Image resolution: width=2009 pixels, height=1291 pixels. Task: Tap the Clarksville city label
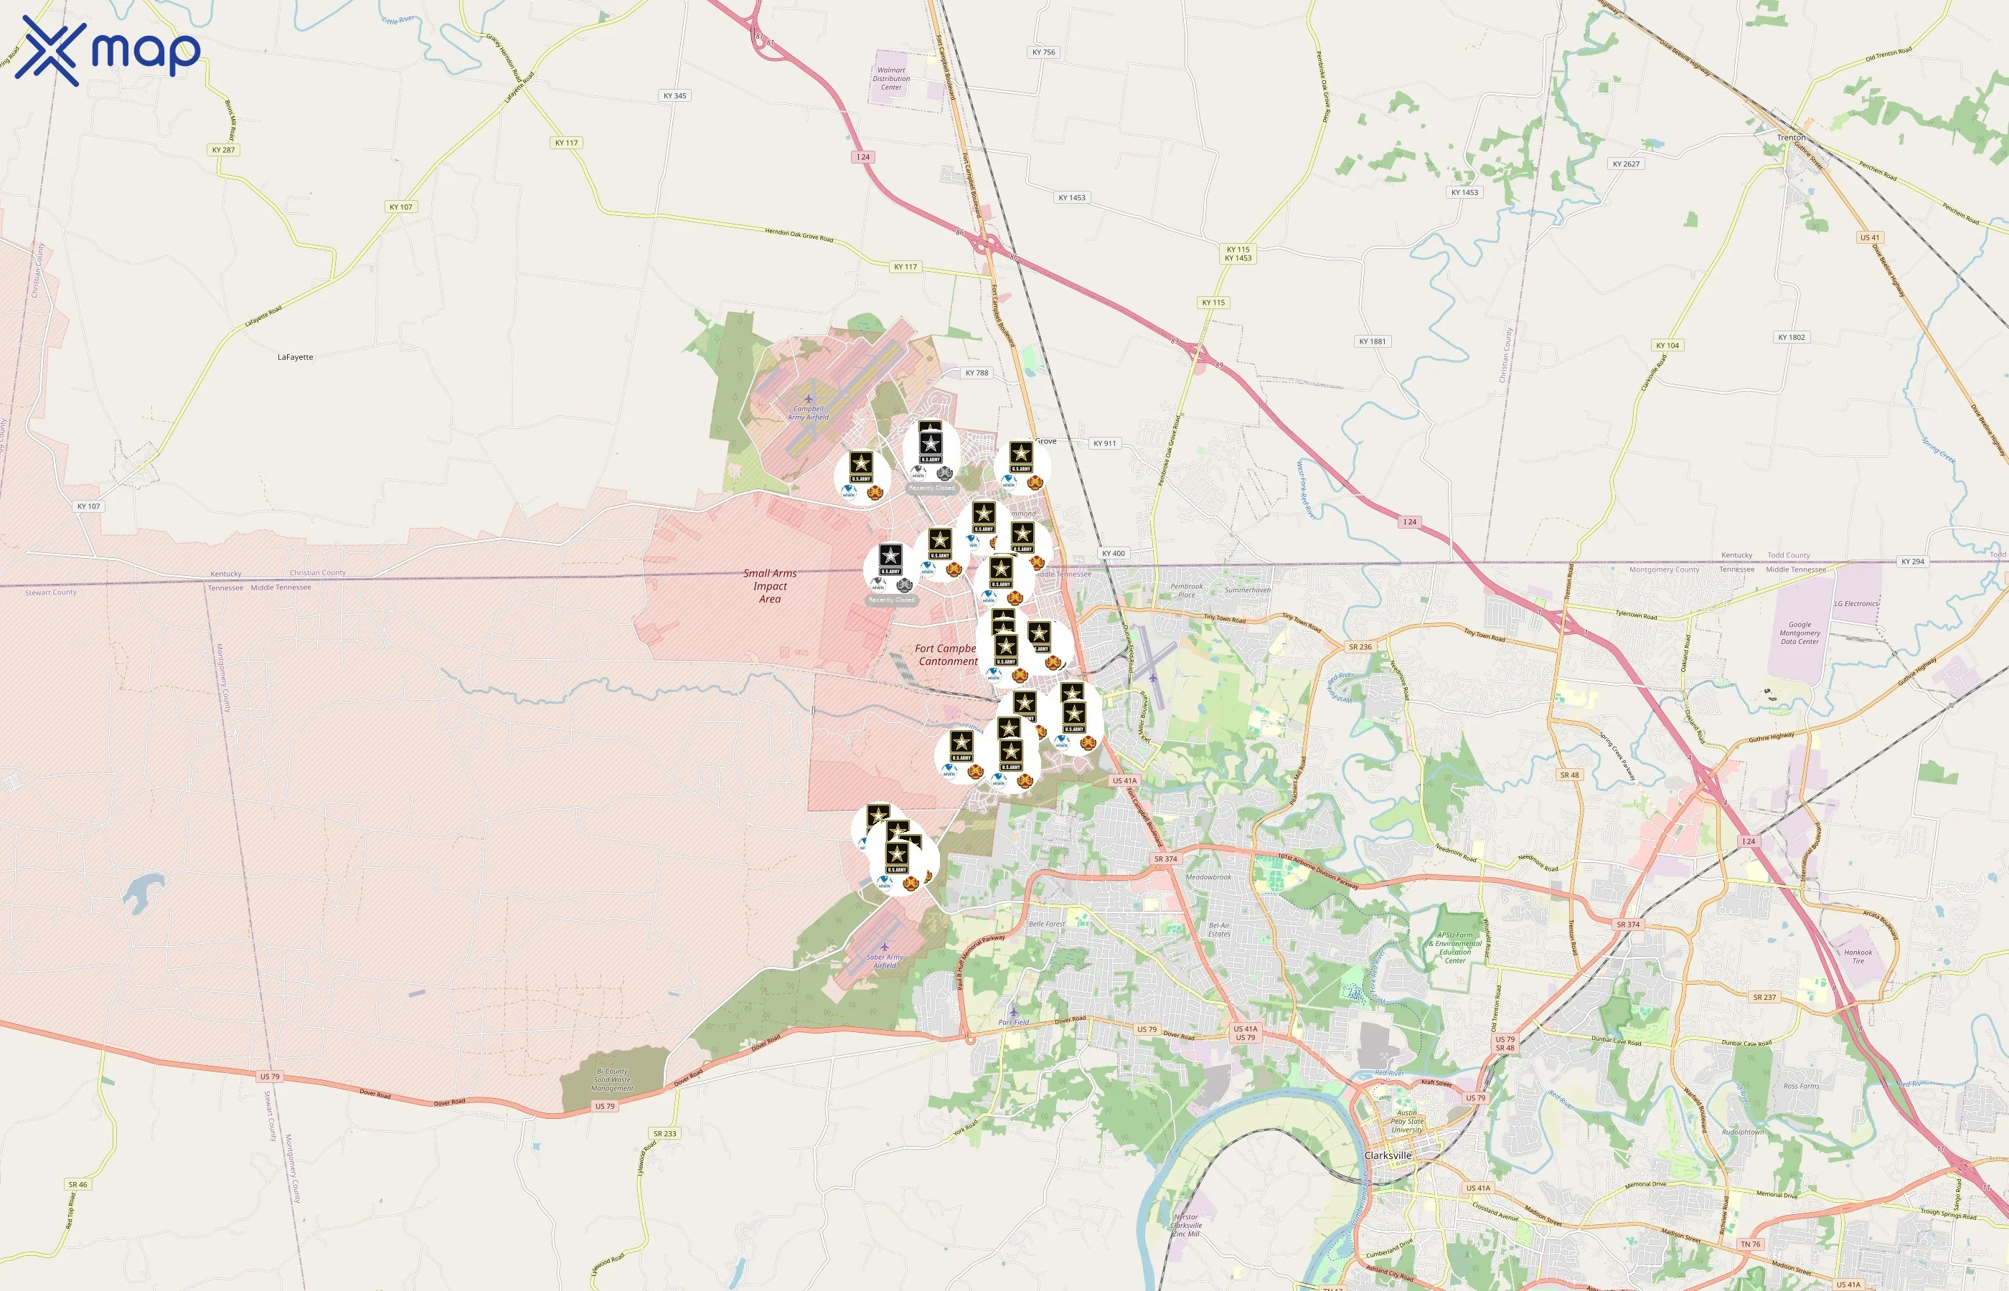click(x=1388, y=1155)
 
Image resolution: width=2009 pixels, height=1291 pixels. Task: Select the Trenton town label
click(x=1791, y=138)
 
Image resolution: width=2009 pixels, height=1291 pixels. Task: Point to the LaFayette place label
click(x=295, y=357)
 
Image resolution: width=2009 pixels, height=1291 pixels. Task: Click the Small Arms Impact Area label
click(x=770, y=586)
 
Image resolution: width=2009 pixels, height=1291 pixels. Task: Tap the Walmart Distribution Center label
click(x=890, y=79)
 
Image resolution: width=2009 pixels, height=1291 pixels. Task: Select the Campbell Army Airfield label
click(x=809, y=412)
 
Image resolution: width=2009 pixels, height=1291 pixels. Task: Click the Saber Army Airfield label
click(x=885, y=960)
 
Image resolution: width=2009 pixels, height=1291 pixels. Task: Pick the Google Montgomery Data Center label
click(x=1799, y=633)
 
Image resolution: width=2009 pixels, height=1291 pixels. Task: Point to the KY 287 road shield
click(x=223, y=150)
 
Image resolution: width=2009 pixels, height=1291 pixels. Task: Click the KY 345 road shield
click(x=674, y=95)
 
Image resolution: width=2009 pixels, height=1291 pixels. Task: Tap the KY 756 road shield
click(x=1043, y=52)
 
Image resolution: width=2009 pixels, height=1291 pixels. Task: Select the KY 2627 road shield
click(x=1626, y=164)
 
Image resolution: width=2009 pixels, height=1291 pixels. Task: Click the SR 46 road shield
click(x=77, y=1185)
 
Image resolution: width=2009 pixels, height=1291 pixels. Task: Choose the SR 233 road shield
click(x=664, y=1133)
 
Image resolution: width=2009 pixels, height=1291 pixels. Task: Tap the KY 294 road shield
click(x=1913, y=562)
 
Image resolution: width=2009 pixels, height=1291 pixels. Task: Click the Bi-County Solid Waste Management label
click(x=611, y=1079)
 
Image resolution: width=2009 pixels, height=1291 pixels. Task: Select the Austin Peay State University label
click(x=1406, y=1121)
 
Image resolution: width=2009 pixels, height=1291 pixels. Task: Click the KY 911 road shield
click(x=1104, y=443)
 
